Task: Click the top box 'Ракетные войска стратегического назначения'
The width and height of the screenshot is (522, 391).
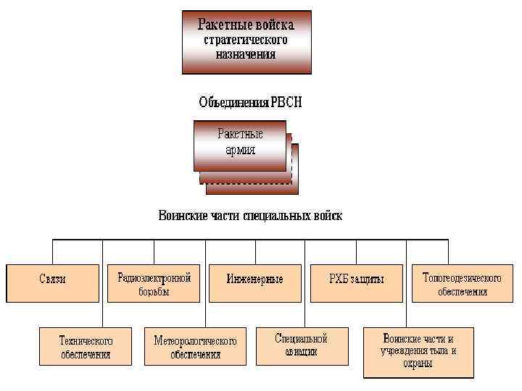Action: tap(246, 42)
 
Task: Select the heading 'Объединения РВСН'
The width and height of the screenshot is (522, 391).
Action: tap(250, 103)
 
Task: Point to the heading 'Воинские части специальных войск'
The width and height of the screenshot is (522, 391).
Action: tap(250, 216)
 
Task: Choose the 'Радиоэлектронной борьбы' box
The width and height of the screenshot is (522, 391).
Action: tap(154, 284)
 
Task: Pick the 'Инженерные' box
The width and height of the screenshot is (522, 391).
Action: tap(254, 279)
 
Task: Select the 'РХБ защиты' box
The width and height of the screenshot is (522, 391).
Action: tap(357, 279)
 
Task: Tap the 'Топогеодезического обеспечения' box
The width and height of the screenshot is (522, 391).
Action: tap(462, 284)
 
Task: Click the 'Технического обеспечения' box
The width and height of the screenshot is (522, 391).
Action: tap(86, 347)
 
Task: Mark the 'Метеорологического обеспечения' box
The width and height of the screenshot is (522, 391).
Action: tap(195, 347)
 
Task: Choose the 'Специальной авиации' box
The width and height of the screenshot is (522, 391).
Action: tap(301, 345)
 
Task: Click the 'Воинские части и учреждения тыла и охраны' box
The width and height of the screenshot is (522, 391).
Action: tap(418, 351)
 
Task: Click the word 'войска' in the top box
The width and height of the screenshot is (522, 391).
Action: tap(275, 25)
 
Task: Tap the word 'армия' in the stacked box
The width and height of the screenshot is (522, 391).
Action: tap(240, 151)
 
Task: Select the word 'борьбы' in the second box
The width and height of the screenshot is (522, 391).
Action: tap(154, 292)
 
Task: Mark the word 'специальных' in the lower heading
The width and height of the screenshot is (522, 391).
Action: tap(272, 216)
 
